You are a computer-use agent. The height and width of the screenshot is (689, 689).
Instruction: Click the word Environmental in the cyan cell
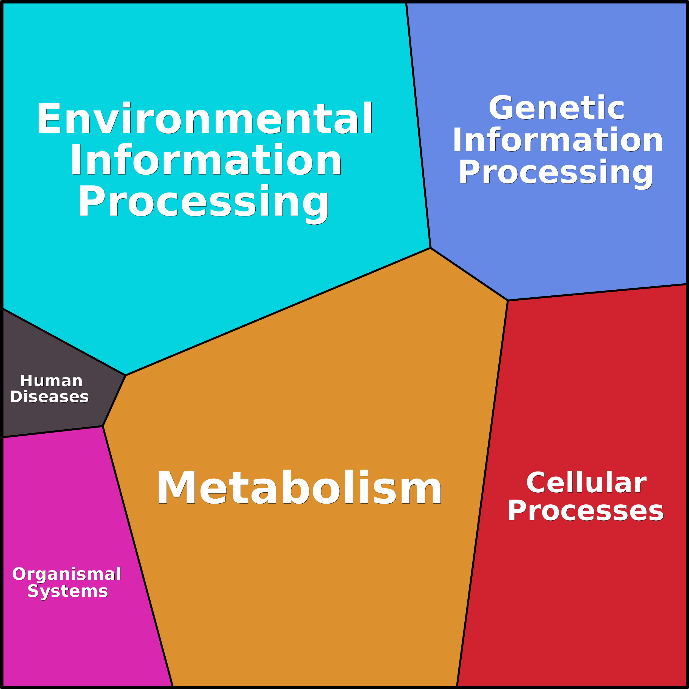pos(204,119)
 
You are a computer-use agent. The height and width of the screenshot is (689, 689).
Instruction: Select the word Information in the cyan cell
pos(206,160)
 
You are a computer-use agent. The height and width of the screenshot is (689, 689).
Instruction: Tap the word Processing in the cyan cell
pos(203,202)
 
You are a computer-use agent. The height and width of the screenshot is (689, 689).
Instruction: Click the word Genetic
pos(556,108)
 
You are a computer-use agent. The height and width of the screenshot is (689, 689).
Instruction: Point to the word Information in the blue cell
pos(557,140)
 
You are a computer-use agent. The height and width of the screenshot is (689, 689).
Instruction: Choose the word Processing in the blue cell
pos(556,172)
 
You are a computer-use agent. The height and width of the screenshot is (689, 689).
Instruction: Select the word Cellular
pos(586,483)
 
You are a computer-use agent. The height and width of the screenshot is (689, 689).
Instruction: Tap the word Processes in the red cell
pos(585,511)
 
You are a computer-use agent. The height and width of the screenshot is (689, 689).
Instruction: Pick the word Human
pos(51,381)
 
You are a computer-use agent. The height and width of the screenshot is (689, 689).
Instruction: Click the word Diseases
pos(49,397)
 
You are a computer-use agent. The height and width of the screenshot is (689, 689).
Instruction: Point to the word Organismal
pos(67,574)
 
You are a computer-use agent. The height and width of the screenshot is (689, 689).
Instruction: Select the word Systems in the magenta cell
pos(68,591)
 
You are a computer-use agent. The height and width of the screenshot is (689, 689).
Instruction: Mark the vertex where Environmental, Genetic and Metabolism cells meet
pos(430,248)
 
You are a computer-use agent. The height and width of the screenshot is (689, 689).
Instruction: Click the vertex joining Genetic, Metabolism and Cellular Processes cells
pos(507,300)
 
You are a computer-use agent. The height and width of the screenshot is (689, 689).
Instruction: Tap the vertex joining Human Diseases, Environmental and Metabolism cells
pos(126,375)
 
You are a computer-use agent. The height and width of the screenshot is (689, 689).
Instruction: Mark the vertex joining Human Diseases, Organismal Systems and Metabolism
pos(103,426)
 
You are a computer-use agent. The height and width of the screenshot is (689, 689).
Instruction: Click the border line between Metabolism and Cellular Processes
pos(482,492)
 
